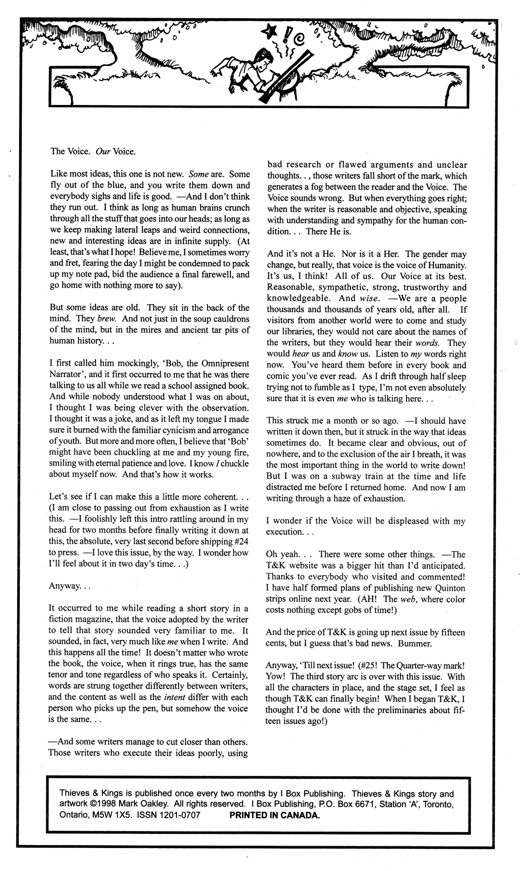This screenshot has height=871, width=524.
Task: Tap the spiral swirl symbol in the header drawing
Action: point(300,38)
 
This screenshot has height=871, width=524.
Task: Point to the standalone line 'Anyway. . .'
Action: point(70,586)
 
